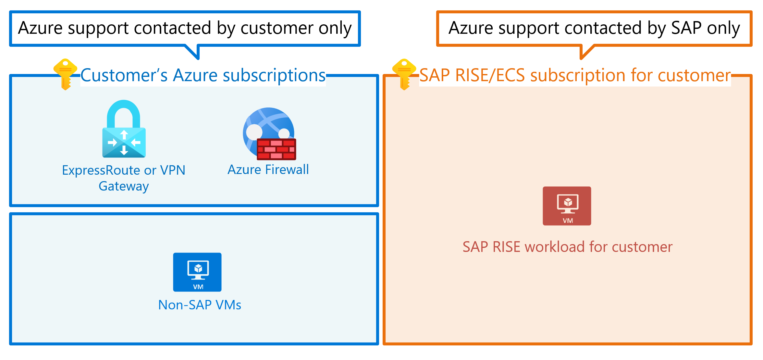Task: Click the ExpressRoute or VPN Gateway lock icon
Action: point(124,130)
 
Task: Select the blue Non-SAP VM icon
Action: point(197,272)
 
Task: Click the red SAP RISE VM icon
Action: point(567,206)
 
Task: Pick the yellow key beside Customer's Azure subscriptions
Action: point(65,74)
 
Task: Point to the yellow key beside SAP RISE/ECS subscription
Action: point(404,74)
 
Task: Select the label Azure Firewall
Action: point(268,170)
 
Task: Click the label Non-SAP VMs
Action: point(200,305)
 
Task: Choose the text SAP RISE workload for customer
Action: point(567,247)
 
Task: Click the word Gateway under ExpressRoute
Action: point(124,186)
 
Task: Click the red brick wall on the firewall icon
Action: point(277,149)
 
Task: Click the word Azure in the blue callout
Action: point(40,28)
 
